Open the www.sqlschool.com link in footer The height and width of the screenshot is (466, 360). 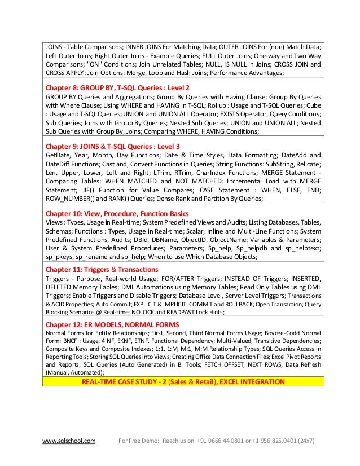tap(69, 440)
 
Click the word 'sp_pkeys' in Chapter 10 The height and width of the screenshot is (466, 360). tap(58, 257)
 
